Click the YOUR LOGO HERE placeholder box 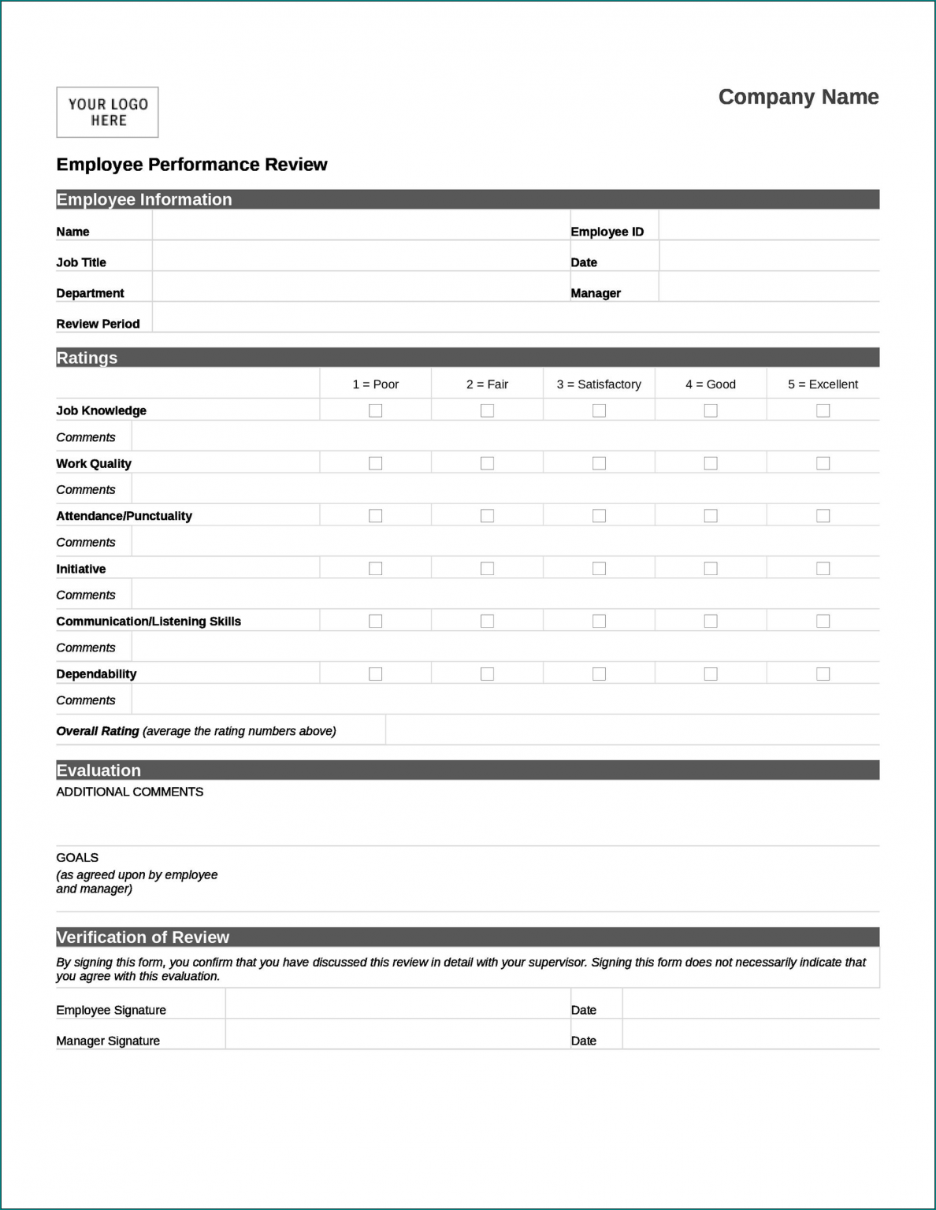click(107, 113)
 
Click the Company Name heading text click(798, 97)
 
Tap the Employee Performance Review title click(191, 165)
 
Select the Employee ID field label click(607, 232)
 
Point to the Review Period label click(98, 324)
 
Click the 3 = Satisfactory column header click(599, 384)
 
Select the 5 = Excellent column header click(823, 384)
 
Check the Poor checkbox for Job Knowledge click(376, 410)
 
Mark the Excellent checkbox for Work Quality click(823, 463)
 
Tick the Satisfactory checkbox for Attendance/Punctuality click(600, 516)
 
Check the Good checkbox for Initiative click(711, 569)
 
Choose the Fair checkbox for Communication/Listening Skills click(488, 622)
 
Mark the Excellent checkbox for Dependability click(823, 674)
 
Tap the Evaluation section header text click(98, 770)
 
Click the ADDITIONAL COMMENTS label click(129, 792)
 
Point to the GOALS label click(77, 858)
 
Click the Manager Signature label click(108, 1041)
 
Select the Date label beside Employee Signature click(584, 1010)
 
